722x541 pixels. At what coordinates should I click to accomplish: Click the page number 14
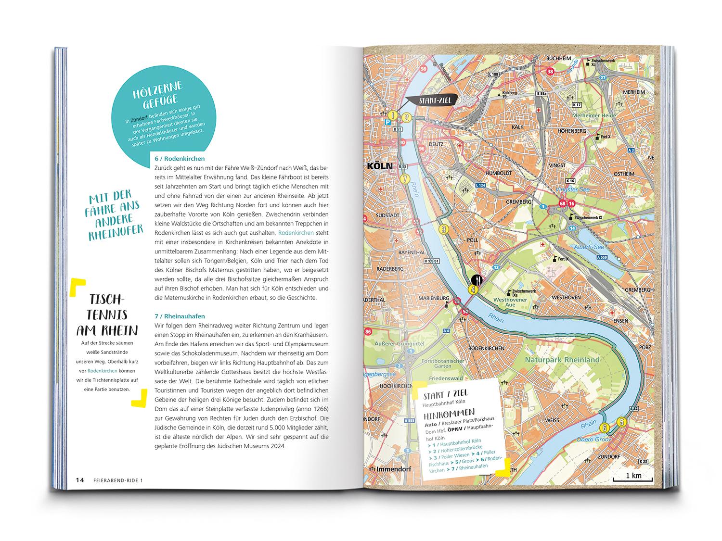pos(79,480)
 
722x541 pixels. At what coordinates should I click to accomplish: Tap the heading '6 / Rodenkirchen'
pos(180,159)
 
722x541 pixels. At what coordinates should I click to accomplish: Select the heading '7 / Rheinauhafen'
pos(180,316)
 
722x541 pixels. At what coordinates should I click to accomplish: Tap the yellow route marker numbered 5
pos(622,422)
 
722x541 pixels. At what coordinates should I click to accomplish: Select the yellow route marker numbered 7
pos(406,179)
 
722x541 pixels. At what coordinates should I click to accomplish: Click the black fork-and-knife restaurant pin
pos(477,279)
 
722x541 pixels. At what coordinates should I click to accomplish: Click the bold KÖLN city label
pos(380,166)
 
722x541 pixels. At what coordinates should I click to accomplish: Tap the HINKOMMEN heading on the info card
pos(450,413)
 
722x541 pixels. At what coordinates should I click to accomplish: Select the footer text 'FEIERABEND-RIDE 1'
pos(118,480)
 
